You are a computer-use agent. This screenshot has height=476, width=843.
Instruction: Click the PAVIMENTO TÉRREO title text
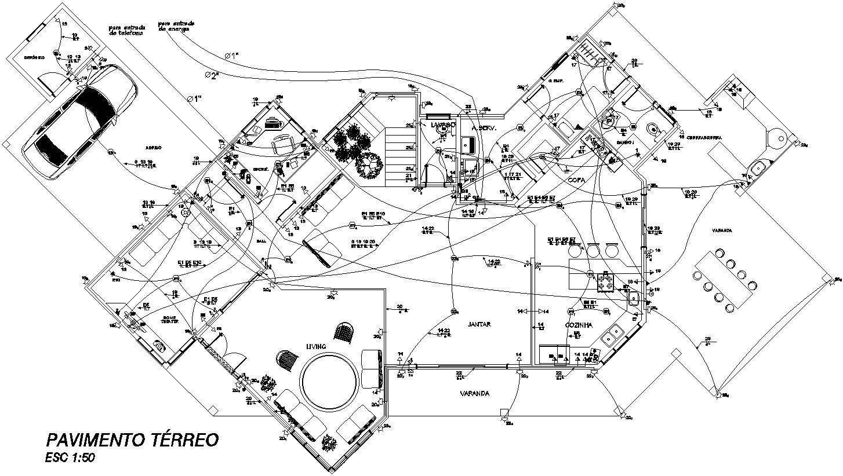[x=132, y=440]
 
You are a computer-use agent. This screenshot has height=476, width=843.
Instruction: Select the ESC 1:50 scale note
[x=70, y=457]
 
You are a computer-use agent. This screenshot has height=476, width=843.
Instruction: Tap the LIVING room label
[x=316, y=346]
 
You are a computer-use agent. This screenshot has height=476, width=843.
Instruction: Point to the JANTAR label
[x=479, y=324]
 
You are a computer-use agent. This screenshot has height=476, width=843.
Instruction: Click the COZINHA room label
[x=578, y=325]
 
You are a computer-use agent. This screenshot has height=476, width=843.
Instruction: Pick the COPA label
[x=576, y=180]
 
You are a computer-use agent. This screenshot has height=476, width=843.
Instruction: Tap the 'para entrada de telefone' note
[x=125, y=31]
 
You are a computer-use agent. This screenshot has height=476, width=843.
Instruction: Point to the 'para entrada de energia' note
[x=176, y=27]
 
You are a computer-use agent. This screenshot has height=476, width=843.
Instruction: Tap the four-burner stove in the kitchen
[x=606, y=282]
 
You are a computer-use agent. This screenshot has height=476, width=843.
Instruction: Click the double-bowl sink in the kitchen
[x=612, y=335]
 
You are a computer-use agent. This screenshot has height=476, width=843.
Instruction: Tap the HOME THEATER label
[x=170, y=320]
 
